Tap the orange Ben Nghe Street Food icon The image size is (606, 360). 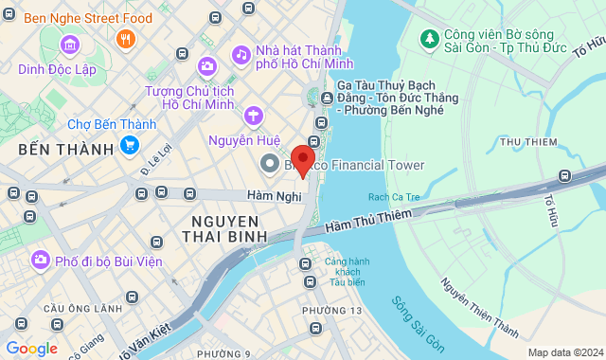pyautogui.click(x=125, y=39)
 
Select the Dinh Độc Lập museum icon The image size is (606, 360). pyautogui.click(x=70, y=45)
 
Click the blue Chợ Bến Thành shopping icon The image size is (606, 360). pyautogui.click(x=130, y=145)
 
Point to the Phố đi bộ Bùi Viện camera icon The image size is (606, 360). pyautogui.click(x=40, y=259)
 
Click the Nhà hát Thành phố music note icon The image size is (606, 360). pyautogui.click(x=241, y=54)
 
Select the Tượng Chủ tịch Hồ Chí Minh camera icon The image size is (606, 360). pyautogui.click(x=207, y=65)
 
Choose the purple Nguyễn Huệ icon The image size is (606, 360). pyautogui.click(x=253, y=117)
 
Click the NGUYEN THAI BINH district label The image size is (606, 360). pyautogui.click(x=224, y=227)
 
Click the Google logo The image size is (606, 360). pyautogui.click(x=31, y=348)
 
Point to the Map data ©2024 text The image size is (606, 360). pyautogui.click(x=563, y=352)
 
